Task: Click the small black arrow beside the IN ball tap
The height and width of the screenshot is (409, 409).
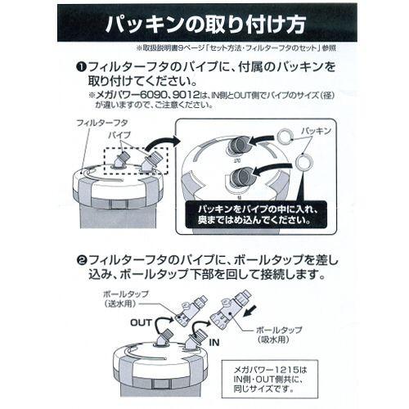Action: tap(255, 312)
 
